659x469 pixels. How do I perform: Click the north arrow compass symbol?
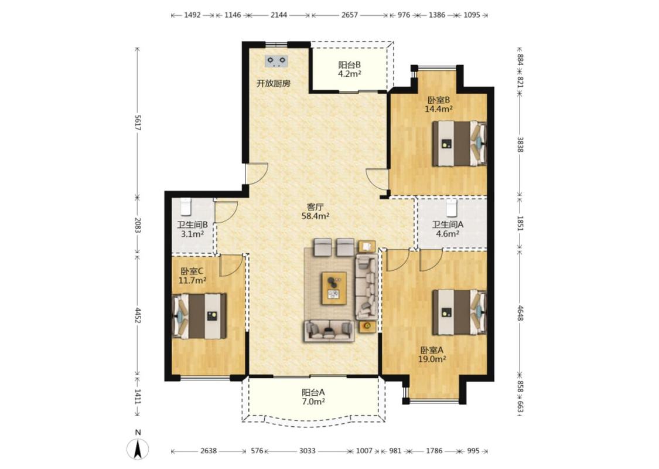[138, 449]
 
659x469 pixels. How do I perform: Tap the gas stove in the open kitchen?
[276, 62]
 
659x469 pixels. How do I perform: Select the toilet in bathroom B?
[185, 206]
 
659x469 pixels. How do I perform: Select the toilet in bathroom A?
[452, 206]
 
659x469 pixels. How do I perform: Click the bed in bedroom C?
[200, 316]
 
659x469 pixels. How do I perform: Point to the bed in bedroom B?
[459, 144]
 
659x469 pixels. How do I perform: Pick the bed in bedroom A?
[459, 312]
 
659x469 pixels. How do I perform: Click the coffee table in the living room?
[334, 288]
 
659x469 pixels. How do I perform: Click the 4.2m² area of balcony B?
[350, 74]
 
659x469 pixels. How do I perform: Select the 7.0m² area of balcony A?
[313, 402]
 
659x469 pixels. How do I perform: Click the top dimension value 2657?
[349, 15]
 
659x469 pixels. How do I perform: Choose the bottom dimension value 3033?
[307, 451]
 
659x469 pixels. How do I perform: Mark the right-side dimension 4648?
[520, 314]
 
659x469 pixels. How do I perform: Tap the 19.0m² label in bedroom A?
[432, 359]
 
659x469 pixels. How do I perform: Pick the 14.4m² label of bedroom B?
[439, 110]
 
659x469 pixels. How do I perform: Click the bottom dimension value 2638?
[209, 451]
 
